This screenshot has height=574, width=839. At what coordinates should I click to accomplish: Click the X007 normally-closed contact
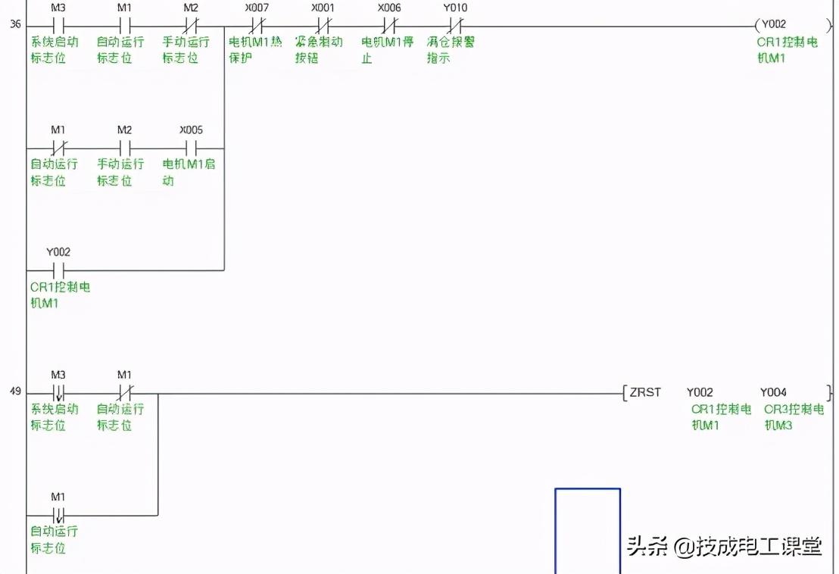[256, 24]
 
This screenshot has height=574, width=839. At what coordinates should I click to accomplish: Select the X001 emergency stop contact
[323, 24]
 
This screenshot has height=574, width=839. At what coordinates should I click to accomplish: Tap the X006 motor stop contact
[388, 24]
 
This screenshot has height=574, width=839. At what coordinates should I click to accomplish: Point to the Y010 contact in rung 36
[454, 24]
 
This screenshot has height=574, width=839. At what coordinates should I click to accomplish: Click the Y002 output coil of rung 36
[773, 24]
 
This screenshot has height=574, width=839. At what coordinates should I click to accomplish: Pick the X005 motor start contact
[191, 147]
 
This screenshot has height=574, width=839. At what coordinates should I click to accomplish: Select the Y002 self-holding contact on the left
[58, 270]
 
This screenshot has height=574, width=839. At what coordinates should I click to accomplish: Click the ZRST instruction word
[645, 392]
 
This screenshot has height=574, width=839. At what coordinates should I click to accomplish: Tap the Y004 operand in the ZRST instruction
[773, 392]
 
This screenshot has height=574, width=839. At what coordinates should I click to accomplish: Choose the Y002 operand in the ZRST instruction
[700, 392]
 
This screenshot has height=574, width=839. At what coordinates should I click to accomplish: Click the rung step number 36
[15, 24]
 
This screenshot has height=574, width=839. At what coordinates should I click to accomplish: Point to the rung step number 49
[15, 393]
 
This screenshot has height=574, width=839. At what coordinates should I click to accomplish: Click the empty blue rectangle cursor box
[588, 530]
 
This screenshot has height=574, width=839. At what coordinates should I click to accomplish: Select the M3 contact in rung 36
[58, 24]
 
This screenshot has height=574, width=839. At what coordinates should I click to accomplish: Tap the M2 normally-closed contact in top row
[191, 24]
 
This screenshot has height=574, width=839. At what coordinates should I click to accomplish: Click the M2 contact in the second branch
[124, 147]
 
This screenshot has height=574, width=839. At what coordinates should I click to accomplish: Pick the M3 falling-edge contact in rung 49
[58, 393]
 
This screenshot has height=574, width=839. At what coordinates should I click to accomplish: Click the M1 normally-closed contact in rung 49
[124, 393]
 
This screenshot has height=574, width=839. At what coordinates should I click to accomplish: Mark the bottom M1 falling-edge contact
[58, 515]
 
